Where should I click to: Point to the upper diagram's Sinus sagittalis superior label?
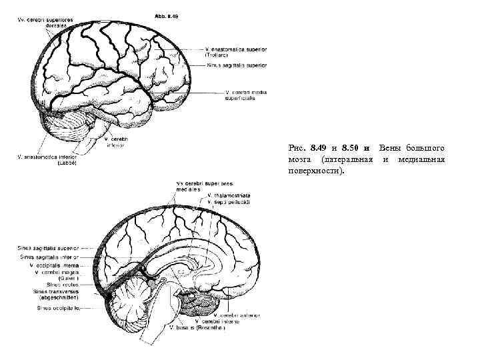point(237,65)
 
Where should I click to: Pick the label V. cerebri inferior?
point(116,142)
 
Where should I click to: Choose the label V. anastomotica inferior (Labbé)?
point(49,159)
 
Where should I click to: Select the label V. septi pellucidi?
point(228,201)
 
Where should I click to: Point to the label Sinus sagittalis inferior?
point(49,255)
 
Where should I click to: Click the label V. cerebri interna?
point(227,321)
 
